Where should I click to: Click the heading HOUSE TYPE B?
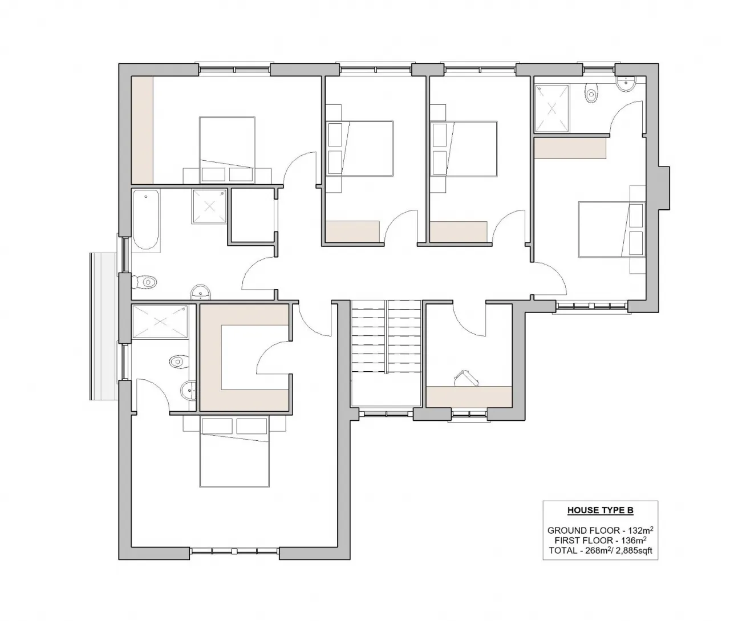(x=600, y=510)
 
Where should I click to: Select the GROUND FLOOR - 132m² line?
(x=600, y=530)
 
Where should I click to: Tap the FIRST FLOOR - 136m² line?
(x=600, y=540)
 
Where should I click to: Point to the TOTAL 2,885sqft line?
(x=600, y=550)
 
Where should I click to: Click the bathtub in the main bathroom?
(x=146, y=220)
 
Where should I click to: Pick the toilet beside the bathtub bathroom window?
(x=146, y=281)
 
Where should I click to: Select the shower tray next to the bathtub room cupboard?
(x=209, y=207)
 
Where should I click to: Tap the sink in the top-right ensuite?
(x=628, y=83)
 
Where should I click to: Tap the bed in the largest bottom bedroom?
(x=234, y=451)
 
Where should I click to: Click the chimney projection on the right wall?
(x=664, y=189)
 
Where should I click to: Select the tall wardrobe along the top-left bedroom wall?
(x=142, y=129)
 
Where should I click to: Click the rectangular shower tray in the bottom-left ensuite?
(x=159, y=323)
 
